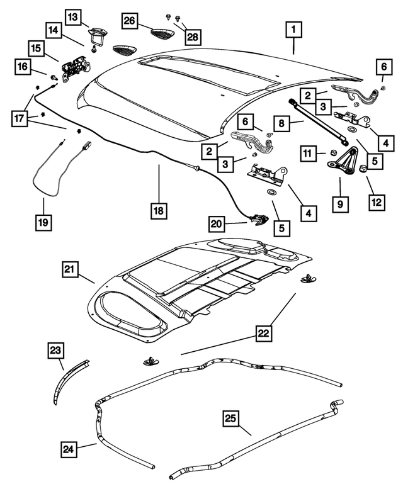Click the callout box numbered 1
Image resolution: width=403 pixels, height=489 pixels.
click(x=293, y=30)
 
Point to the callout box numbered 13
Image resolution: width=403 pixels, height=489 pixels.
click(x=74, y=18)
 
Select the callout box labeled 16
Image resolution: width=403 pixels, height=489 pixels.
click(x=23, y=66)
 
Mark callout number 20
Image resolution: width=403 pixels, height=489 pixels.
click(x=217, y=223)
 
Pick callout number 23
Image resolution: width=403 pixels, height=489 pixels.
click(x=56, y=351)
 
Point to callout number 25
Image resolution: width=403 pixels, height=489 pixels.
click(x=230, y=418)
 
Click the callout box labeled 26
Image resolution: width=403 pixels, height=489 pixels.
click(x=130, y=21)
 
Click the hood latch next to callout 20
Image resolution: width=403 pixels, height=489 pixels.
click(x=258, y=219)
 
